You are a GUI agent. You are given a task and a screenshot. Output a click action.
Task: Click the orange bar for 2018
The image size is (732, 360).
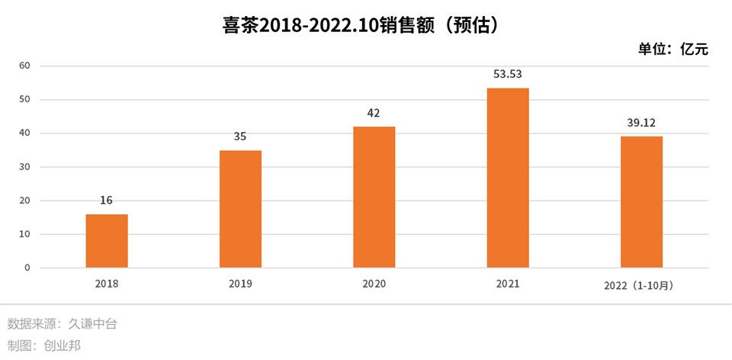tap(107, 241)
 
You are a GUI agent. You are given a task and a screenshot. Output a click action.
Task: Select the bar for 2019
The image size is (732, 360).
tap(240, 209)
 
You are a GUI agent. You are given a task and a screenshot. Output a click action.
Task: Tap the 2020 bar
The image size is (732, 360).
tap(374, 197)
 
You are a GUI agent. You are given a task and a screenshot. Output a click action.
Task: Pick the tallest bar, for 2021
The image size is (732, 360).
tap(508, 178)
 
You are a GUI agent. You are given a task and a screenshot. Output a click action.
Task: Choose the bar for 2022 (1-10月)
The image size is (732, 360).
tap(641, 202)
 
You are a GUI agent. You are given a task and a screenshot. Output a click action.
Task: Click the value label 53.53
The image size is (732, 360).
tap(508, 75)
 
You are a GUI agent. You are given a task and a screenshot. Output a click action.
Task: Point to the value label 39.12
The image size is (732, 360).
tap(641, 123)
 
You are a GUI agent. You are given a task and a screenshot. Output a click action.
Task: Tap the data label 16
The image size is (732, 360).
tap(107, 201)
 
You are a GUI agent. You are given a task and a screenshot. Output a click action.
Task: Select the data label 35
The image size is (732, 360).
tap(240, 137)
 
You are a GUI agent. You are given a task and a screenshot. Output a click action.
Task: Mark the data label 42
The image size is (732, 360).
tap(374, 113)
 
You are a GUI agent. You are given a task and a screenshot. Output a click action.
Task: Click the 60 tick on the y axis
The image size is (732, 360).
tap(24, 66)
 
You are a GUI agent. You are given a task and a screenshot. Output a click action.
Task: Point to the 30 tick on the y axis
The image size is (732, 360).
tap(24, 167)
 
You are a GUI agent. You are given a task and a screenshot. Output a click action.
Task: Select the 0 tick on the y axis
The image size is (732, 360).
tap(27, 268)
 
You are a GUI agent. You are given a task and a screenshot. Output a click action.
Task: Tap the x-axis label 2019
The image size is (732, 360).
tap(240, 284)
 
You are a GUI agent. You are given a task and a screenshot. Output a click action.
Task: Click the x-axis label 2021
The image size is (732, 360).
tap(508, 284)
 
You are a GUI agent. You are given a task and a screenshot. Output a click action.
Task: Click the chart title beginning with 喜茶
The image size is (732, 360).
tap(365, 26)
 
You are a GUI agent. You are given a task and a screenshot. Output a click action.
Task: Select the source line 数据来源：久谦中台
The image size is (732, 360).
tap(63, 323)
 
